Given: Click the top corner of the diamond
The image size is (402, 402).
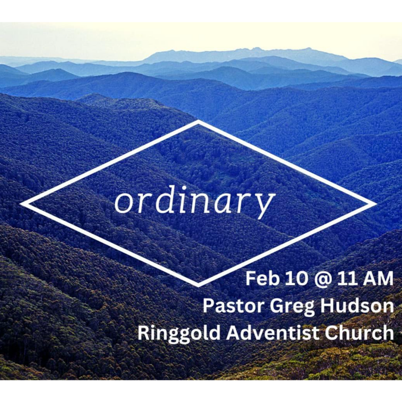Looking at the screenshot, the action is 198,121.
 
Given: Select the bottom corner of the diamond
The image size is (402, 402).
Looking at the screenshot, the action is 198,285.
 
